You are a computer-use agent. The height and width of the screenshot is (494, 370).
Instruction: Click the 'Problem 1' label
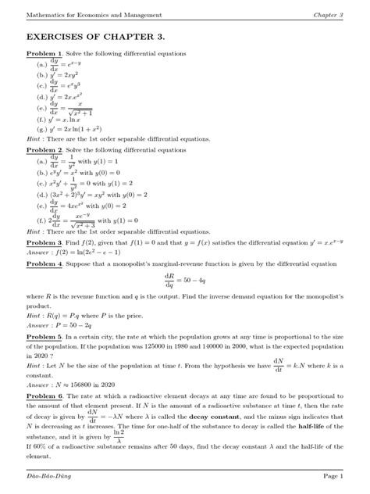tap(44, 53)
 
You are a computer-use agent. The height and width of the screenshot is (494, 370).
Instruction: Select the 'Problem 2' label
tap(44, 149)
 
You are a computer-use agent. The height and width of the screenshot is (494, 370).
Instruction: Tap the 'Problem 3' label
tap(44, 243)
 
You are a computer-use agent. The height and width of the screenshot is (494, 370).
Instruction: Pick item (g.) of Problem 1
tap(77, 130)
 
